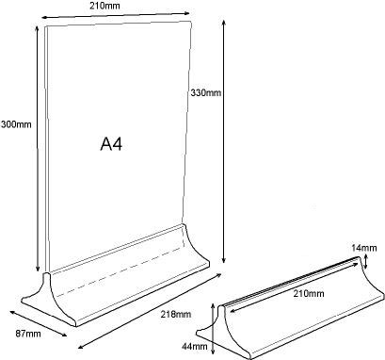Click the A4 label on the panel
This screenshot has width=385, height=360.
coord(111,144)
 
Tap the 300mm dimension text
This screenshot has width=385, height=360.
coord(16,124)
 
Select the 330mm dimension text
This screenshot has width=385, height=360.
coord(206,92)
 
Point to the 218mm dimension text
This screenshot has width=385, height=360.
coord(176,314)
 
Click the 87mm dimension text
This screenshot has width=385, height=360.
coord(28,334)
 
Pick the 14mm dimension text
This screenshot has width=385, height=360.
coord(364,248)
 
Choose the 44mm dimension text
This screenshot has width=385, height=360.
coord(195,346)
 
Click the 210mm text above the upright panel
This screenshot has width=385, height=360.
coord(104,6)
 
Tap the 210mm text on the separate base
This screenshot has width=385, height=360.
coord(309,294)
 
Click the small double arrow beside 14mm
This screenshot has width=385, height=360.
coord(365,261)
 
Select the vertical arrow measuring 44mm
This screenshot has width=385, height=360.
coord(214,328)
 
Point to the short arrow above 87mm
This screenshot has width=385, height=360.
coord(39,322)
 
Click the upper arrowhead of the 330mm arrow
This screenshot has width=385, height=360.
coord(223,23)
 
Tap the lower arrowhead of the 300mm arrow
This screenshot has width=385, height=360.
coord(38,268)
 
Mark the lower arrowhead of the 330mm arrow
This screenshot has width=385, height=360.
coord(223,259)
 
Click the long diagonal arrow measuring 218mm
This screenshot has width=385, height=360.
coord(150,311)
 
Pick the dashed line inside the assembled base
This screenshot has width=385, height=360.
coord(120,271)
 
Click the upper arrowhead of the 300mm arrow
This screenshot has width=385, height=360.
coord(38,29)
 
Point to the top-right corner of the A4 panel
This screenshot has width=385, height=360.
coord(191,22)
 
